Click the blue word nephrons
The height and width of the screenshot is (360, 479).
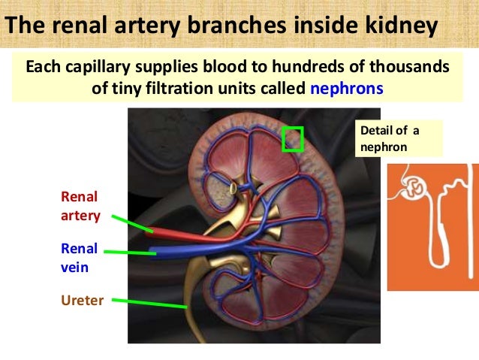tap(346, 88)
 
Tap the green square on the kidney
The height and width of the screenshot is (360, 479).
tap(291, 139)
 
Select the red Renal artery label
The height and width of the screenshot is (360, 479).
tap(79, 206)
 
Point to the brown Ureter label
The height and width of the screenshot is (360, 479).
tap(82, 301)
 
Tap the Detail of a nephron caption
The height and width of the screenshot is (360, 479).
tap(390, 139)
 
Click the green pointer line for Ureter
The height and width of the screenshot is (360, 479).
tap(154, 304)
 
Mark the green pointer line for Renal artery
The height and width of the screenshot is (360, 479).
tap(131, 223)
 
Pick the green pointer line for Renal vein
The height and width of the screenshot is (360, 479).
tap(131, 253)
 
